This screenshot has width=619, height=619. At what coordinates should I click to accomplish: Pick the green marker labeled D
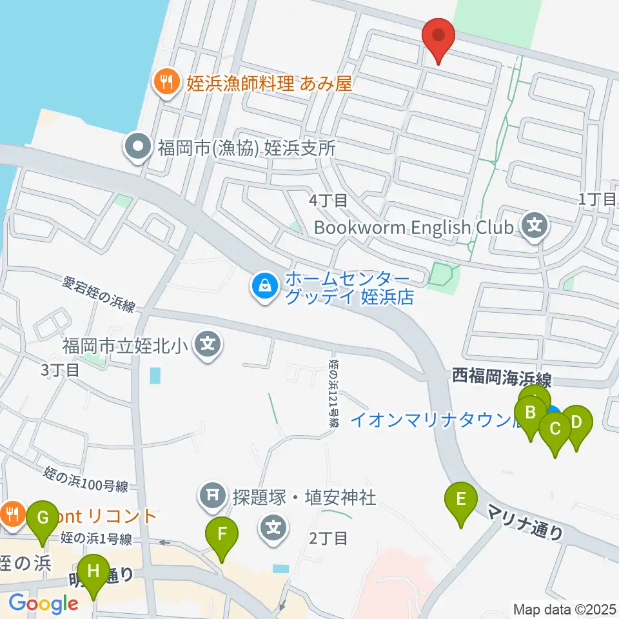pos(576,424)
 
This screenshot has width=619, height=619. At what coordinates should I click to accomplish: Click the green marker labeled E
pos(461,500)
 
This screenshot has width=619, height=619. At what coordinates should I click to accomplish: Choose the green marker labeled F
pos(222,535)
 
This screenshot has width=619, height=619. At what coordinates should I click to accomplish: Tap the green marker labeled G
pos(43,518)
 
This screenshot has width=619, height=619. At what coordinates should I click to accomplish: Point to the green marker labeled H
pos(94,572)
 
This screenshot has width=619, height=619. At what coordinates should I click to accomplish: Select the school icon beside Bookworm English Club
pos(535,226)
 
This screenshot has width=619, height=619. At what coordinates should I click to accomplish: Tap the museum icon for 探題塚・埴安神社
pos(212,496)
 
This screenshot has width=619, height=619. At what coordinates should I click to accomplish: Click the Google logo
pos(43,604)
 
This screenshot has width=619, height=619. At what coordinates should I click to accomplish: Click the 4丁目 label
pos(328,201)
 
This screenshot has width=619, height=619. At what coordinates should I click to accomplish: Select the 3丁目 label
pos(60,370)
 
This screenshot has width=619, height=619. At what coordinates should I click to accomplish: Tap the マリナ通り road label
pos(525,522)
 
